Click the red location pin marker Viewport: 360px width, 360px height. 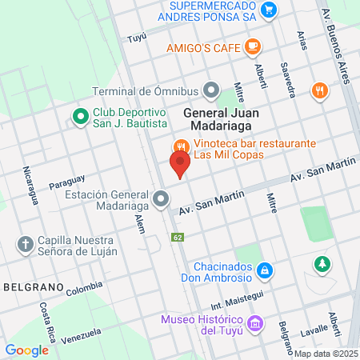pyautogui.click(x=180, y=166)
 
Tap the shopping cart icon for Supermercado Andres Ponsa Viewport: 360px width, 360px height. pyautogui.click(x=270, y=10)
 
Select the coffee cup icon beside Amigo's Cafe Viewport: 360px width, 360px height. pyautogui.click(x=254, y=46)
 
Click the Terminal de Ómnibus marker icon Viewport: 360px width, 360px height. pyautogui.click(x=211, y=89)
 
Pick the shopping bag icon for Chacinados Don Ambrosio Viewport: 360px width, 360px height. pyautogui.click(x=265, y=273)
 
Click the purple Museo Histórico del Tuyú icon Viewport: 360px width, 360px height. pyautogui.click(x=255, y=325)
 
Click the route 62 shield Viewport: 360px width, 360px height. pyautogui.click(x=177, y=237)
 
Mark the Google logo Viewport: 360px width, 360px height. pyautogui.click(x=26, y=350)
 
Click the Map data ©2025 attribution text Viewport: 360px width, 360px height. pyautogui.click(x=326, y=354)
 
